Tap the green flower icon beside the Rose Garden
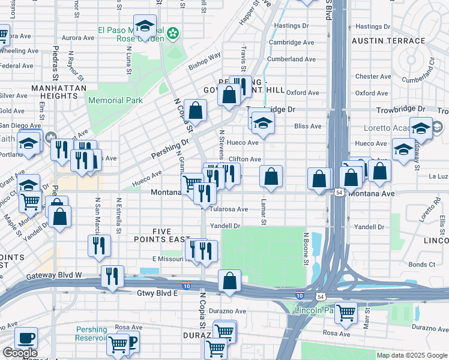point(173,33)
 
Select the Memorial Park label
point(115,100)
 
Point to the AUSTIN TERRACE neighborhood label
point(388,41)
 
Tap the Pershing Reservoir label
point(91,334)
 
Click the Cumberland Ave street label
point(293,59)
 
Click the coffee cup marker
point(26,338)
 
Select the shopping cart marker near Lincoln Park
point(346,313)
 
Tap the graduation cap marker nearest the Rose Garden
point(145,26)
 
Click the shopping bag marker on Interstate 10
point(229,281)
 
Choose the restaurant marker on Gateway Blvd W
point(112,277)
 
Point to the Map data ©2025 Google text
point(412,355)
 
